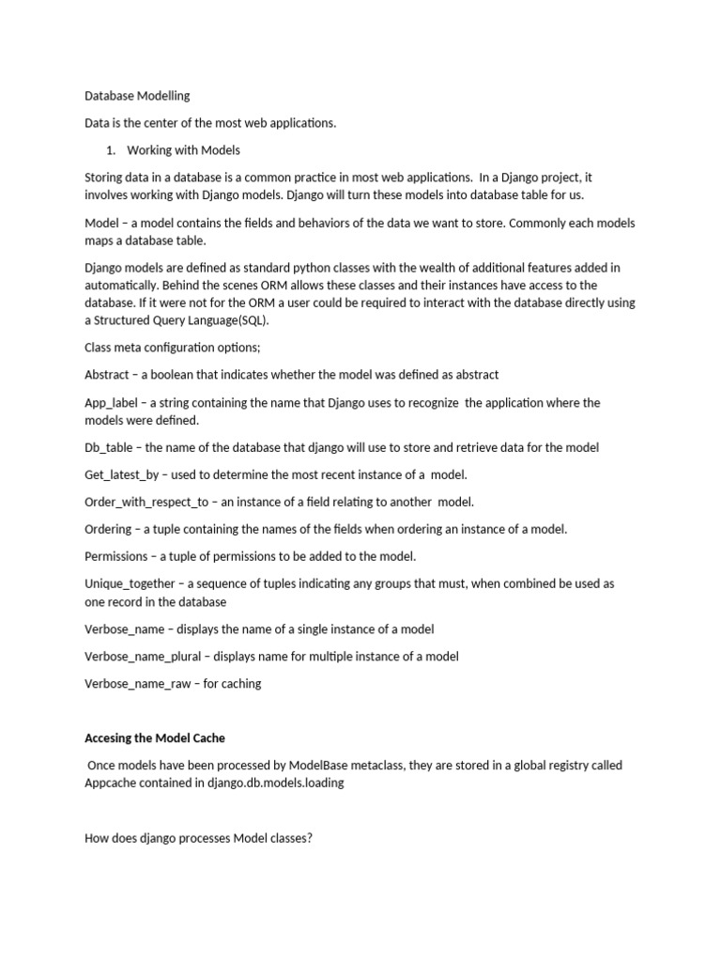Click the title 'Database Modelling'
coord(137,96)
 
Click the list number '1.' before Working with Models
coord(110,150)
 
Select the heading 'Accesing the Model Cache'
coord(160,738)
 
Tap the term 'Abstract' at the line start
coord(107,375)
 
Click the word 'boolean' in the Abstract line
coord(179,375)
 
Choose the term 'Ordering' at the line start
coord(108,530)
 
